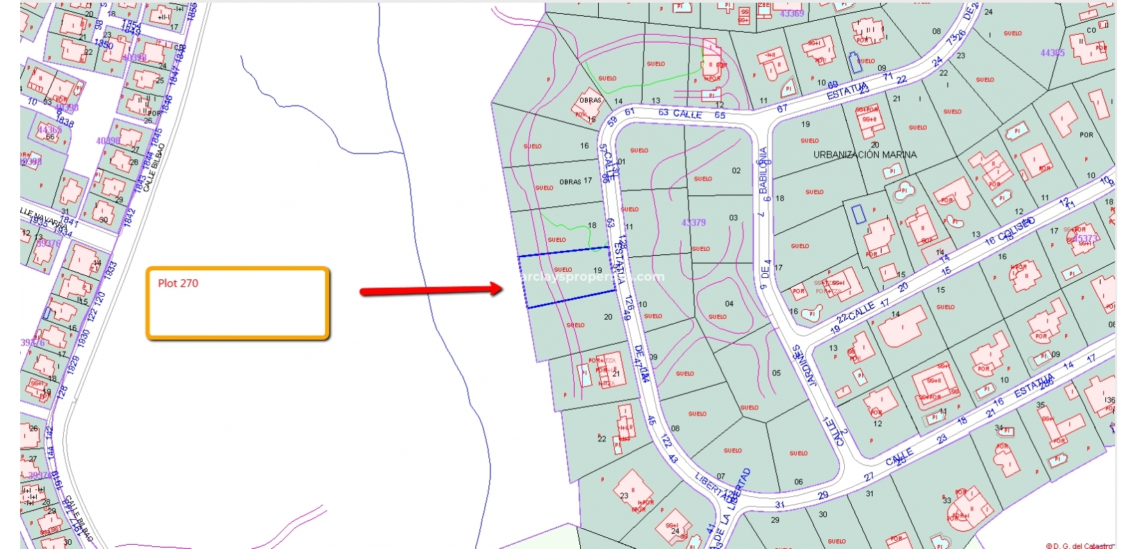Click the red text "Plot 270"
click(x=178, y=283)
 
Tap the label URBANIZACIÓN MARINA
click(x=865, y=154)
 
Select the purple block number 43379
click(x=693, y=222)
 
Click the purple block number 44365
click(x=1052, y=53)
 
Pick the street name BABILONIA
click(x=764, y=170)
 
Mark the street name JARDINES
click(x=805, y=366)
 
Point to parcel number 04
click(x=729, y=304)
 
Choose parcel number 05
click(x=776, y=373)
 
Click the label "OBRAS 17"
click(x=575, y=181)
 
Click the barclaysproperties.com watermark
click(x=591, y=277)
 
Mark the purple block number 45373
click(x=1085, y=238)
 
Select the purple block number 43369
click(x=791, y=13)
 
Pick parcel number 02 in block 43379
click(x=736, y=170)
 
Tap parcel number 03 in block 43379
click(x=733, y=218)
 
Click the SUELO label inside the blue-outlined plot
click(x=563, y=270)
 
